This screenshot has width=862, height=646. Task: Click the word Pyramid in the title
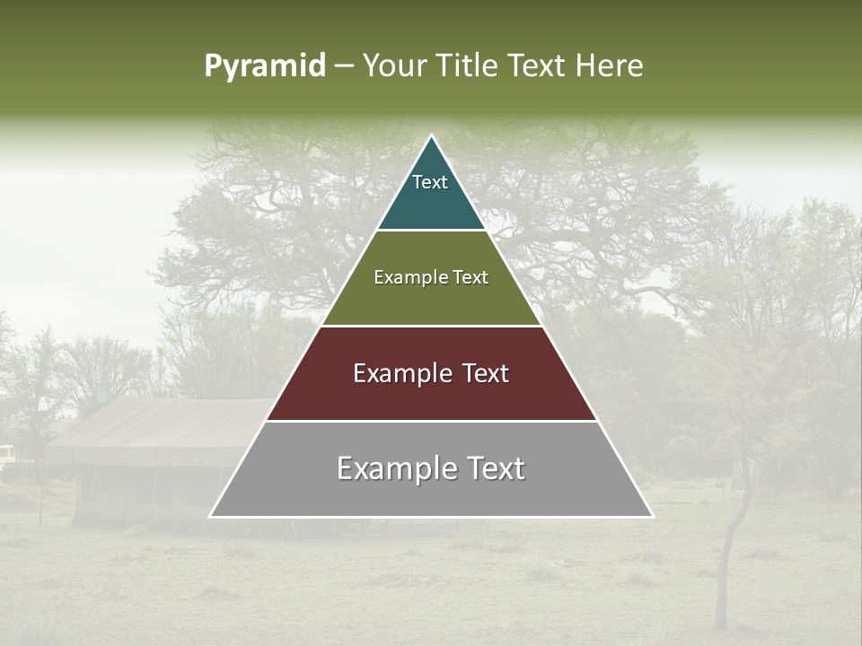[265, 66]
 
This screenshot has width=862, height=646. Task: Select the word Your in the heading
[397, 66]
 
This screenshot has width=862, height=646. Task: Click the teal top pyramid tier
[431, 193]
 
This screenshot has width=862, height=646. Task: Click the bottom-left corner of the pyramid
[211, 516]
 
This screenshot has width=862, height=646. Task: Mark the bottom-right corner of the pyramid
[652, 516]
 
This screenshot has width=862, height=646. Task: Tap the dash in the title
[344, 66]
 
